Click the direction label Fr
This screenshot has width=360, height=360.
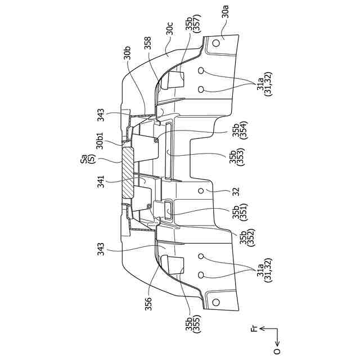pos(254,328)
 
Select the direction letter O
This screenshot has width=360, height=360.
pos(277,352)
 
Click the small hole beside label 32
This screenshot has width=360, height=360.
pos(201,191)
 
